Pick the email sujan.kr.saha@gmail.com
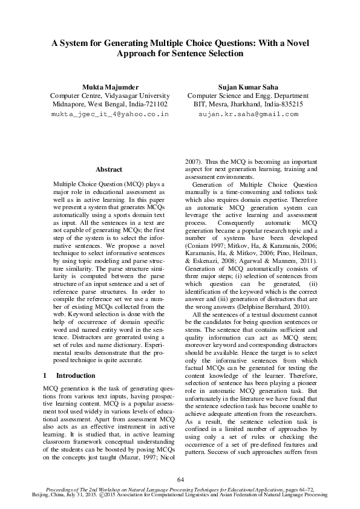[x=248, y=113]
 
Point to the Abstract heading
[x=109, y=169]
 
